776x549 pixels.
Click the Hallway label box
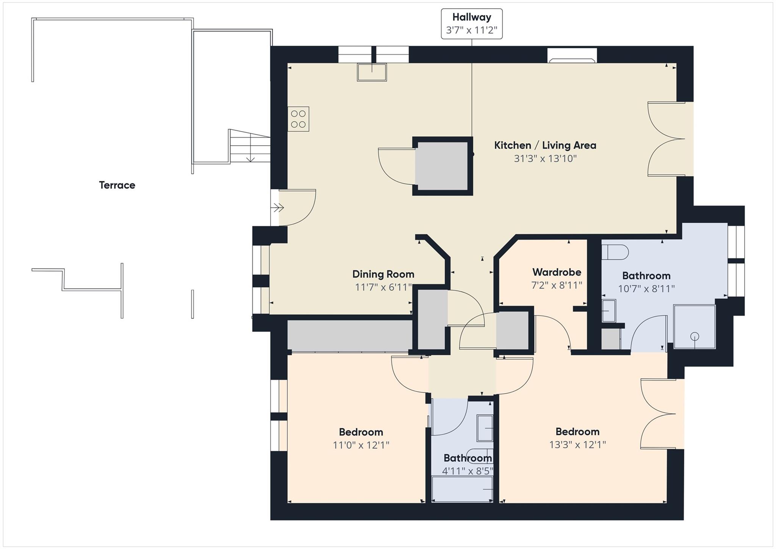(x=471, y=24)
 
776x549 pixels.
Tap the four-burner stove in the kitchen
(x=298, y=119)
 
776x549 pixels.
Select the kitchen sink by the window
(x=372, y=72)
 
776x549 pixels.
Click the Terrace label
(x=117, y=185)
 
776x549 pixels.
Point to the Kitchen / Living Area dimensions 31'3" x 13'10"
(x=545, y=158)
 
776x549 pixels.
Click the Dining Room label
(x=383, y=274)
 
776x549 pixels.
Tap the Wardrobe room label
(x=556, y=272)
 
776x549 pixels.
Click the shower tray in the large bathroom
(x=694, y=327)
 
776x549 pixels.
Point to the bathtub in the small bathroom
(x=462, y=489)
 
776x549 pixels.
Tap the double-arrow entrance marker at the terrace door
(x=278, y=207)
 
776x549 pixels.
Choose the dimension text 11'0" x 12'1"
(x=361, y=445)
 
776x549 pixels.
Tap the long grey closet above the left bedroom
(x=349, y=335)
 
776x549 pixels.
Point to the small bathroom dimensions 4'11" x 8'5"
(x=468, y=471)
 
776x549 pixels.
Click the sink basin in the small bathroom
(x=485, y=428)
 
